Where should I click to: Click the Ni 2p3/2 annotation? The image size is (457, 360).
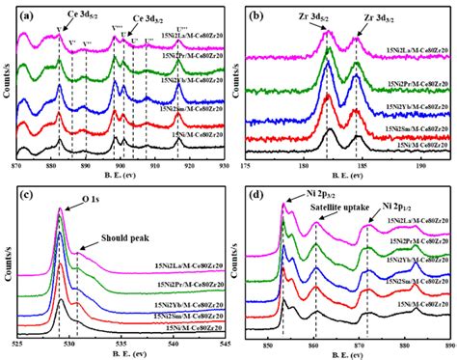click(x=309, y=196)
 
